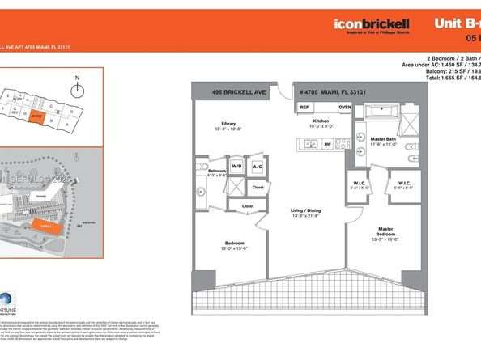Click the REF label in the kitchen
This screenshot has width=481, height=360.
[x=304, y=107]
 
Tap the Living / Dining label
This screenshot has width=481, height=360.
[x=307, y=213]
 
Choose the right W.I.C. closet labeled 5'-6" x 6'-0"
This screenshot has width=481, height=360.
[x=402, y=182]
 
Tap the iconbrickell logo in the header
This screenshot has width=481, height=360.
[x=370, y=23]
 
